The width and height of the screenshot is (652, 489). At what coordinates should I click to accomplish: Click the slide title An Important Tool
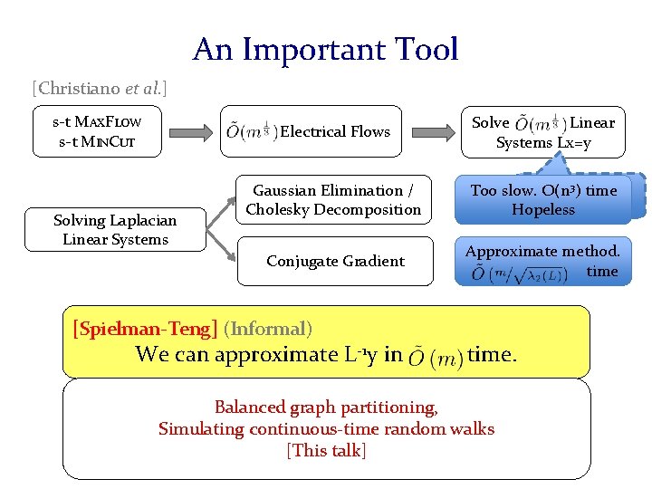(325, 49)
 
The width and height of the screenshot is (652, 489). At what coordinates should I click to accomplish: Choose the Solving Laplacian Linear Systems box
(114, 230)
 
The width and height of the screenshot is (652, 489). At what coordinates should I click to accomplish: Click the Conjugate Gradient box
(334, 261)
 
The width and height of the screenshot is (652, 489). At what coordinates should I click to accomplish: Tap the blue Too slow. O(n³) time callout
(542, 199)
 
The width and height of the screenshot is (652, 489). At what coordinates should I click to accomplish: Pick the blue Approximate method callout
(542, 262)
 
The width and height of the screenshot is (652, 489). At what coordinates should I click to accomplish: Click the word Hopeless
(543, 210)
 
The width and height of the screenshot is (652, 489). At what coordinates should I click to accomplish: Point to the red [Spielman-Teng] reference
(145, 329)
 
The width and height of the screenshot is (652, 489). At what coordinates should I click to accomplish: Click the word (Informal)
(267, 329)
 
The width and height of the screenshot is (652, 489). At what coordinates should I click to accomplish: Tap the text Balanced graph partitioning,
(326, 407)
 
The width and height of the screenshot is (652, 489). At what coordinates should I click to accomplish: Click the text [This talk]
(326, 450)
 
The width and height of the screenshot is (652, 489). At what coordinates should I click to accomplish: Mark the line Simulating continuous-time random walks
(326, 428)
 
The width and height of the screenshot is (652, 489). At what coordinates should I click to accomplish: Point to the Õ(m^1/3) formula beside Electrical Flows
(251, 131)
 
